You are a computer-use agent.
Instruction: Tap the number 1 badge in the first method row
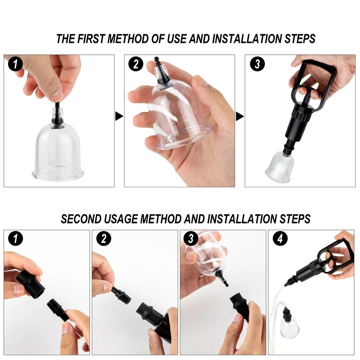[x=15, y=64]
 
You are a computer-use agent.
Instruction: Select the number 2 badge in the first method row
[x=136, y=64]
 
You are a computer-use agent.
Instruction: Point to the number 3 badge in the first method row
[x=257, y=64]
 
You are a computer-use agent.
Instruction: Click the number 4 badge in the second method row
[x=280, y=239]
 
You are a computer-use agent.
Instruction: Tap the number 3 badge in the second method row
[x=191, y=239]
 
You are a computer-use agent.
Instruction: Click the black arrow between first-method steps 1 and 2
[x=119, y=116]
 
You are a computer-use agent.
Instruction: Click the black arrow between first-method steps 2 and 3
[x=240, y=116]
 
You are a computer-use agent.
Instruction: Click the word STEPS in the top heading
[x=300, y=39]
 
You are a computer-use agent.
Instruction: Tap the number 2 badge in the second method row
[x=104, y=239]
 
